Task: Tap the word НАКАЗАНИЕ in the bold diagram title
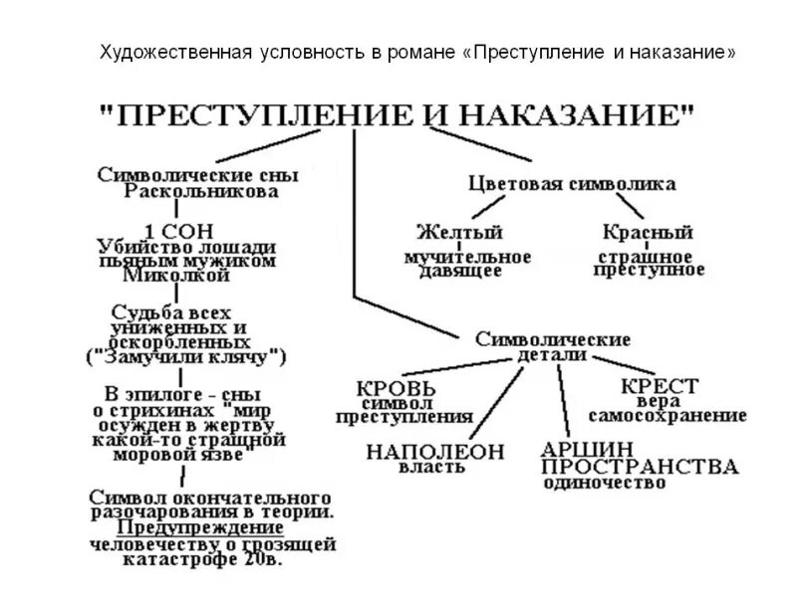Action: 578,115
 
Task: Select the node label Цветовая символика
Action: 572,184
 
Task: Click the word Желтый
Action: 459,233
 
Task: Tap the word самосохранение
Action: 668,415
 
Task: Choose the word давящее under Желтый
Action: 459,271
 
